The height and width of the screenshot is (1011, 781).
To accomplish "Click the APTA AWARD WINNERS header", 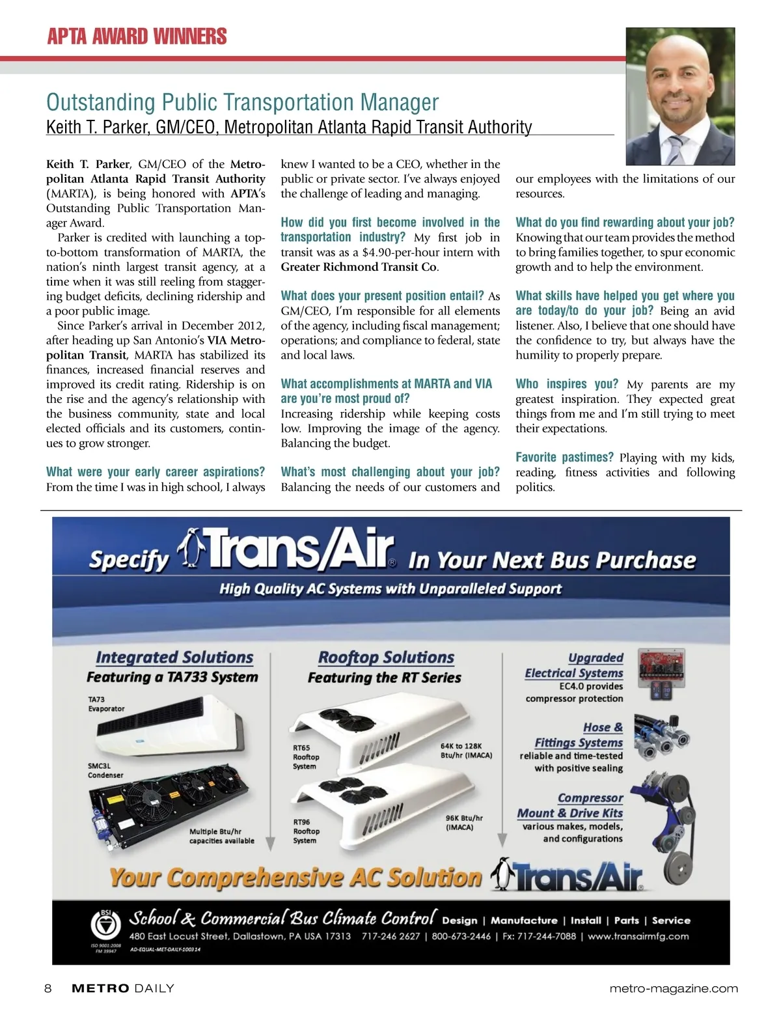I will (x=137, y=36).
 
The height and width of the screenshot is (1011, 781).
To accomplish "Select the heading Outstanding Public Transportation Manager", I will (x=242, y=102).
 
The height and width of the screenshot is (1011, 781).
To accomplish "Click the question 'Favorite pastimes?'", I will (x=565, y=457).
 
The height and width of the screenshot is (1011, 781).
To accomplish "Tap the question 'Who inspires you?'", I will (x=566, y=383).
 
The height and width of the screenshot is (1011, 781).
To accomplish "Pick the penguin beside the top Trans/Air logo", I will (x=191, y=547).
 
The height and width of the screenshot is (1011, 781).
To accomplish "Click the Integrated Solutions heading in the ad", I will (x=174, y=658).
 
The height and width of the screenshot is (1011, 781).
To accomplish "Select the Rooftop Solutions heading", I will (x=386, y=658).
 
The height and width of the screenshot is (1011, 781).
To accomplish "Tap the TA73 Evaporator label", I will (x=106, y=704).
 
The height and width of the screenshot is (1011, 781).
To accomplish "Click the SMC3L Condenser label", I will (x=105, y=771).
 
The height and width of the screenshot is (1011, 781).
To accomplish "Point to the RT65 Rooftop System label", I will (x=306, y=757).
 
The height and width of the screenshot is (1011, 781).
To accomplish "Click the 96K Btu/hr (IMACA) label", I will (x=464, y=822).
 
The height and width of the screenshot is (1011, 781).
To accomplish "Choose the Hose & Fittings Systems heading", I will (x=579, y=735).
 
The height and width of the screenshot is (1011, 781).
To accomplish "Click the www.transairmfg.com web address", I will (x=639, y=936).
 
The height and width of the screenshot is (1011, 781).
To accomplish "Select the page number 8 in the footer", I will (x=48, y=988).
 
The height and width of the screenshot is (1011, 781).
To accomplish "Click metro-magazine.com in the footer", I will (x=674, y=988).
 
